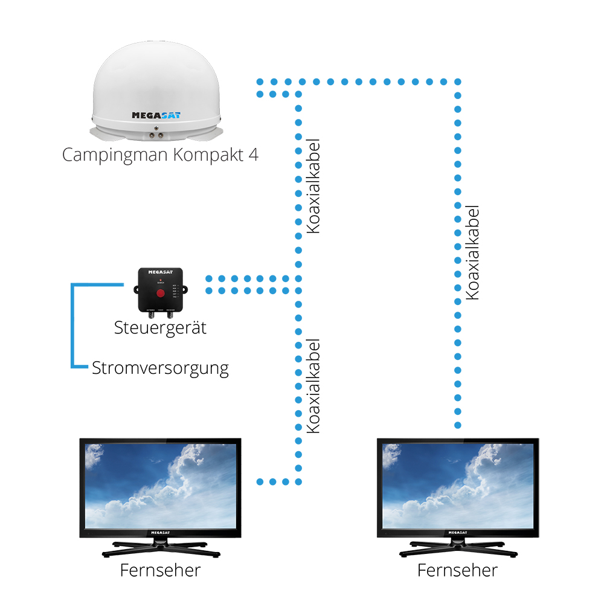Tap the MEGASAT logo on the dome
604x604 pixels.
point(156,115)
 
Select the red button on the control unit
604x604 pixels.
point(160,294)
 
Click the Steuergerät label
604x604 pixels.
point(160,328)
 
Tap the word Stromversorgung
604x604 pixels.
point(160,367)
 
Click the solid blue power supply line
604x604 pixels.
point(73,326)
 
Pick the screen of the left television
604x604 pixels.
point(160,486)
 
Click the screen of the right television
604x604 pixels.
point(458,486)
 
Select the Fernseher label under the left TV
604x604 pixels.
point(160,570)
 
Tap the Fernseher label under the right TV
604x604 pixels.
point(458,570)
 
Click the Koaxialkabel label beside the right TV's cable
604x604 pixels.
point(473,251)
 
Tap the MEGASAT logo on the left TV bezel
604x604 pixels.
point(160,533)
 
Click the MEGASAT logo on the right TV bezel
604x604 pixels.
point(458,533)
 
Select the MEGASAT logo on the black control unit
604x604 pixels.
point(160,273)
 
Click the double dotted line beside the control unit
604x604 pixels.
point(248,284)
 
